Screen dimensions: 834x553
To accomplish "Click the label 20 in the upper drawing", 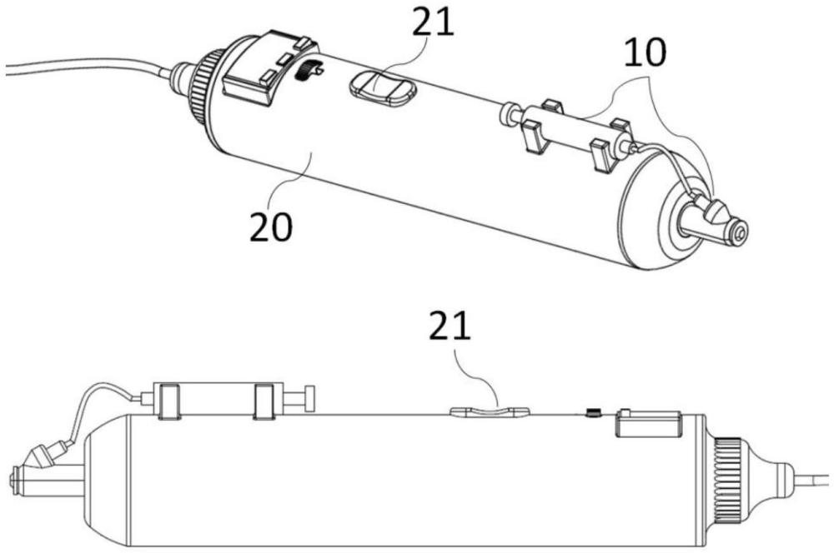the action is [x=271, y=227].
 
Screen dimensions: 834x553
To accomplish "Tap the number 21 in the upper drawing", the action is [x=433, y=22].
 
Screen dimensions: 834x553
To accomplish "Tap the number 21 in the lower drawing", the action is [x=450, y=326].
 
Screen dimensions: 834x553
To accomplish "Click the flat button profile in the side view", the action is [x=490, y=411].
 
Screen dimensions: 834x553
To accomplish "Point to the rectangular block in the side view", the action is [x=649, y=423].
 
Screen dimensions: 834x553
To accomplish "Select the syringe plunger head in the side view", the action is [x=309, y=399].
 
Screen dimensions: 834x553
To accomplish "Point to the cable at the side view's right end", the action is [x=813, y=477].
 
